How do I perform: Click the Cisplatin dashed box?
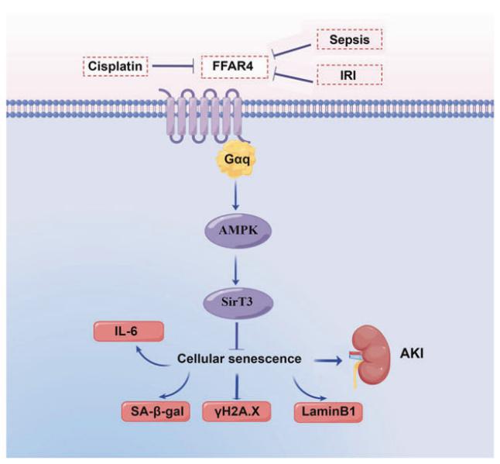[115, 67]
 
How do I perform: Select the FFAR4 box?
[235, 67]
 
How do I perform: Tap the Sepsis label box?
[350, 40]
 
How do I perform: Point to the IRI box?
[350, 74]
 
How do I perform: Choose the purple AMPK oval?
[238, 231]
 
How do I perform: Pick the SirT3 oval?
[238, 302]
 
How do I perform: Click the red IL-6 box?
[128, 332]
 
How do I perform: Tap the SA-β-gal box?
[156, 411]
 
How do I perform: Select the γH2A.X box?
[237, 411]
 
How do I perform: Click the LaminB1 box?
[328, 411]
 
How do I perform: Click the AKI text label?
[412, 353]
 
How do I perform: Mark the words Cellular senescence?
[239, 359]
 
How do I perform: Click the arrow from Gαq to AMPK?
[235, 195]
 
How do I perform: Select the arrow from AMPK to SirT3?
[236, 269]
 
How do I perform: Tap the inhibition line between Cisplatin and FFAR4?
[174, 67]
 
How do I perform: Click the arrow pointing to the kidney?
[327, 360]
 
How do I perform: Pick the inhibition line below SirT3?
[237, 336]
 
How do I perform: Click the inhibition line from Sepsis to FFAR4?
[291, 50]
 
